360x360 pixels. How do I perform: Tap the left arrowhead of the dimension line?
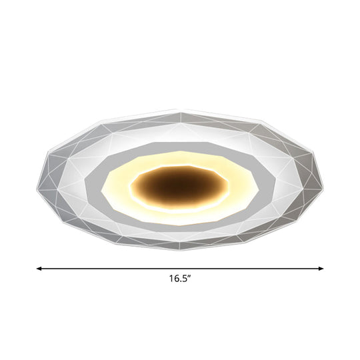click(39, 268)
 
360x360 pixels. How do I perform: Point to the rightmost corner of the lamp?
click(325, 178)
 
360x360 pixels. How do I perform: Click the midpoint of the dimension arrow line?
click(180, 268)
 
